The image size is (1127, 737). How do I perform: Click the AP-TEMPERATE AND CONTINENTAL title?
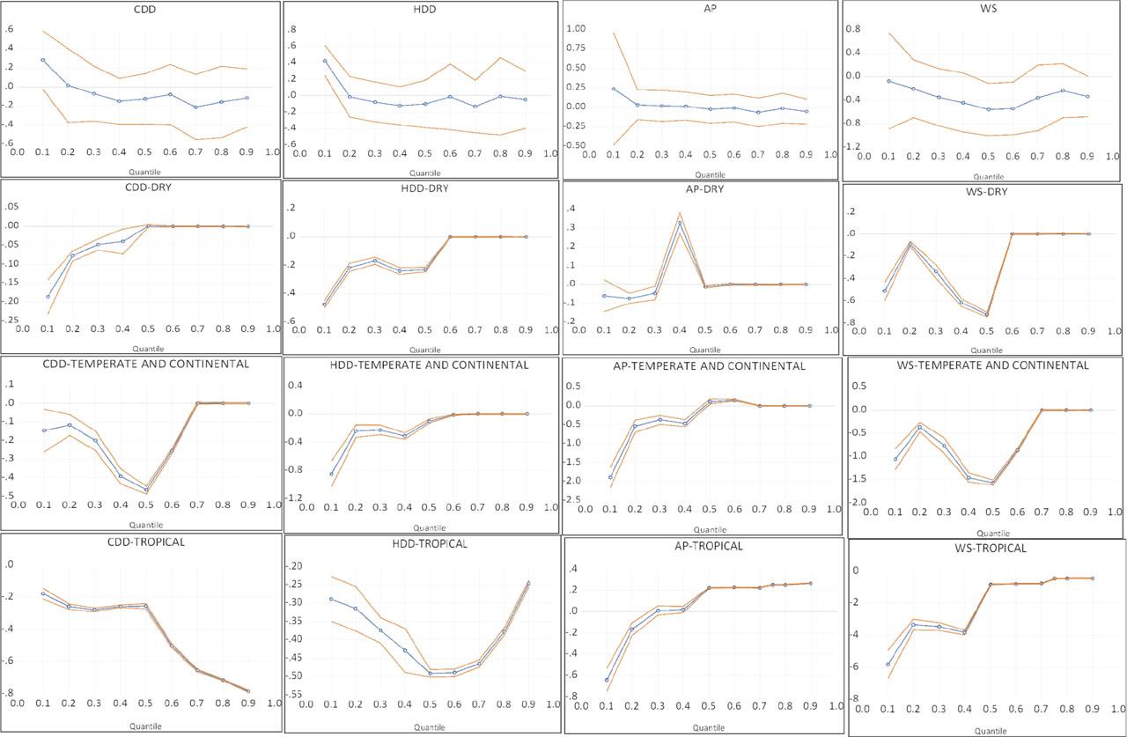[x=701, y=365]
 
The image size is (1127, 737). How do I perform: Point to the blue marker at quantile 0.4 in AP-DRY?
[x=679, y=223]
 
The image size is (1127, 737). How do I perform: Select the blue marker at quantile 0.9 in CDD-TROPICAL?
[x=248, y=691]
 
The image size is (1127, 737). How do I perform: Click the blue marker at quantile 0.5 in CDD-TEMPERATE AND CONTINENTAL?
[x=146, y=489]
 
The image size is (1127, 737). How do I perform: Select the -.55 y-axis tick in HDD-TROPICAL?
[x=300, y=695]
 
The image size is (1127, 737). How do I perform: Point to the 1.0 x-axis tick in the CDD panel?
[x=272, y=152]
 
